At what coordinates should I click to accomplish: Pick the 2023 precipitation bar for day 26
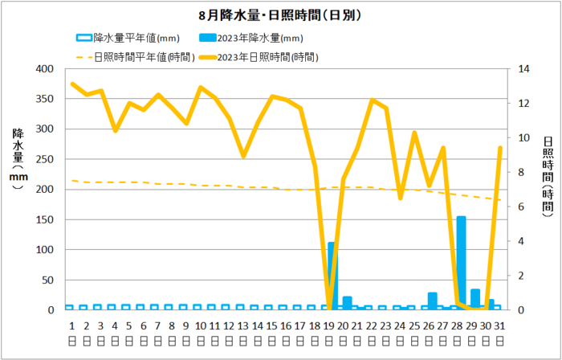pos(432,301)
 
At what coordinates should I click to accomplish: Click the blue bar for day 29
pos(475,299)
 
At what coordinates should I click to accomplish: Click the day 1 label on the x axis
pos(71,326)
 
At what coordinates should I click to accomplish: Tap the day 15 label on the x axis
pos(271,326)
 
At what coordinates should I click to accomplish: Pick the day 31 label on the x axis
pos(499,326)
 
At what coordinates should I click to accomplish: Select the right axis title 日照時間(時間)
pos(548,177)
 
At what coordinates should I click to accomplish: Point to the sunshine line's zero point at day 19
pos(328,309)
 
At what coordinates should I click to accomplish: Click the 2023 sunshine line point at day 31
pos(499,149)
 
